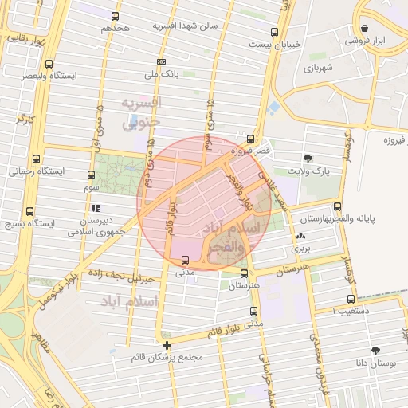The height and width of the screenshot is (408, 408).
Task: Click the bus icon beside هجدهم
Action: pos(116,16)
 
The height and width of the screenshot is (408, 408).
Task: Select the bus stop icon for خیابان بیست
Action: pos(275,33)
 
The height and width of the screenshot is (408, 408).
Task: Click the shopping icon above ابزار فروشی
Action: pos(364,26)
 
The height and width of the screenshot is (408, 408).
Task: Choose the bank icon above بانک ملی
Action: pos(162,61)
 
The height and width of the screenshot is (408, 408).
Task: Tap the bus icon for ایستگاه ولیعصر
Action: pos(50,64)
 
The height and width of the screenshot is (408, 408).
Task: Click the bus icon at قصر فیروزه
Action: pos(251,138)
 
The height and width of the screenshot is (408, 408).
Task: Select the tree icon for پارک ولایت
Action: pos(308,158)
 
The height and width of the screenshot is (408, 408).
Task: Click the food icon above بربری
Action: pos(300,237)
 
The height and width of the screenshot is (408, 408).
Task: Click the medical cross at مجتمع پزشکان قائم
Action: pos(166,345)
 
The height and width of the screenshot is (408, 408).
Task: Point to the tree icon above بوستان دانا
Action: pos(375,351)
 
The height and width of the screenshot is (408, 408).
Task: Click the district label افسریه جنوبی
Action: pos(141,113)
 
